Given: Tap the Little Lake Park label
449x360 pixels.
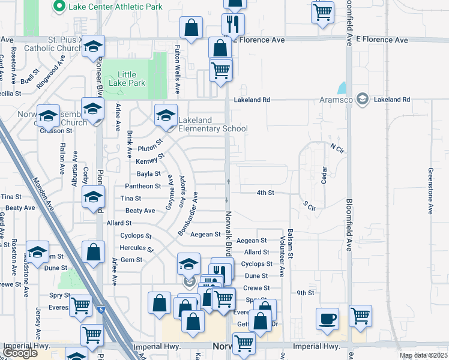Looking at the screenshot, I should click(127, 79).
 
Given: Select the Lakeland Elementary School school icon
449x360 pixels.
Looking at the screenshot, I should click(166, 116).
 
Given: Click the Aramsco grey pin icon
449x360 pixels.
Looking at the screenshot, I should click(362, 98).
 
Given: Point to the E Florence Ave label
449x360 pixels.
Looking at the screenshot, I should click(382, 40).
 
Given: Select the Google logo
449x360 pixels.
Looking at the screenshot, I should click(20, 353).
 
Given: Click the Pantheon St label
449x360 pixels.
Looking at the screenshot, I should click(142, 186).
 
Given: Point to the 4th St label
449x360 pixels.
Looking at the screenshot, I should click(265, 193).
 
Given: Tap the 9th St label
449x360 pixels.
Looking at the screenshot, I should click(306, 293).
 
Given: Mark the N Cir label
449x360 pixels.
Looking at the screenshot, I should click(336, 146).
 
